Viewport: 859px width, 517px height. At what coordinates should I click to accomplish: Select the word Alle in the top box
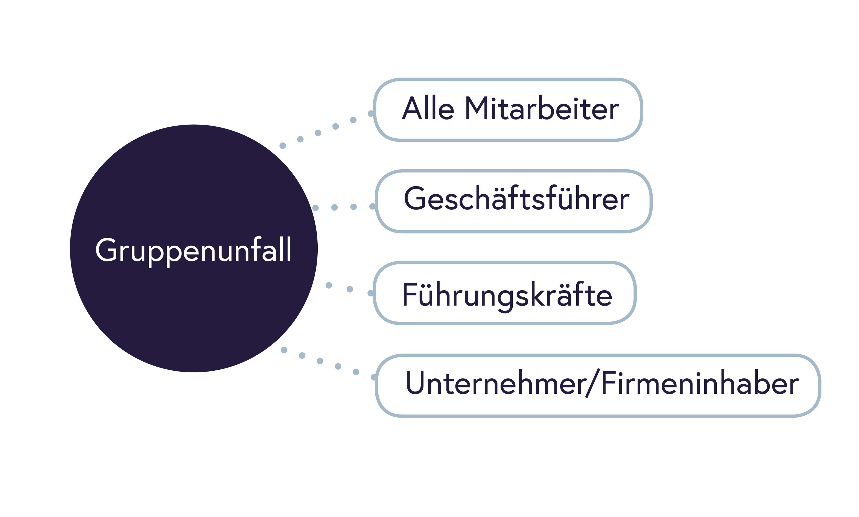[x=428, y=108]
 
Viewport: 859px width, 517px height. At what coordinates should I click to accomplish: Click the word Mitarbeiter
[x=542, y=108]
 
